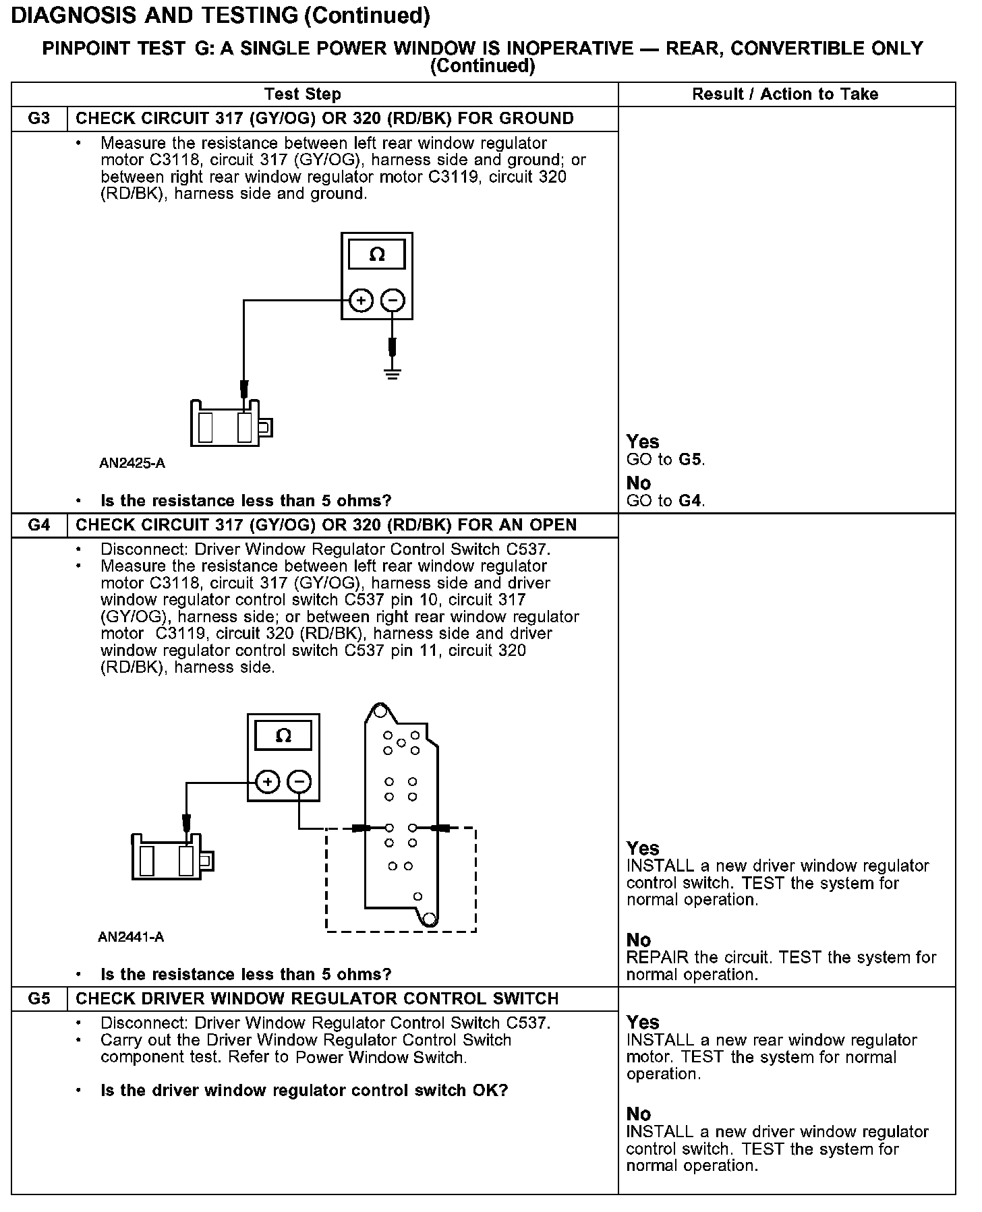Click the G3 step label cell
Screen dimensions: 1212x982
pos(39,119)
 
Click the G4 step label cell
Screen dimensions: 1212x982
pos(39,525)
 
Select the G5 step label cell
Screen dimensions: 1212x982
pos(39,998)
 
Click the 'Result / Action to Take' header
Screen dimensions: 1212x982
pos(785,94)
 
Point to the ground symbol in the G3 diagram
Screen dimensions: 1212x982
pos(393,373)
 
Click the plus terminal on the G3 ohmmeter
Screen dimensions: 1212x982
pos(361,301)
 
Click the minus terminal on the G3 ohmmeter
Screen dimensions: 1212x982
pos(393,301)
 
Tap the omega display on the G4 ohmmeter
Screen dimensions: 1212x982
pos(284,735)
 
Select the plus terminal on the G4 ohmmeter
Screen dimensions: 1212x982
pos(267,782)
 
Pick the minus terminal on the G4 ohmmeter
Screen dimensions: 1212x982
pos(299,782)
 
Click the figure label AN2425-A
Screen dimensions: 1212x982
pos(132,463)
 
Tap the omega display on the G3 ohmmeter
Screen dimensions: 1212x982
pos(377,255)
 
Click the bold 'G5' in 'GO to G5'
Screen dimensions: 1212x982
pos(691,460)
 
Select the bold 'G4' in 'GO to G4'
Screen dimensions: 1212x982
pos(691,501)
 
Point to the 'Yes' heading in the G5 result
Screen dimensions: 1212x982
pos(642,1022)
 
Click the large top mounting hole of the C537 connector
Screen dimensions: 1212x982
pos(379,711)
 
